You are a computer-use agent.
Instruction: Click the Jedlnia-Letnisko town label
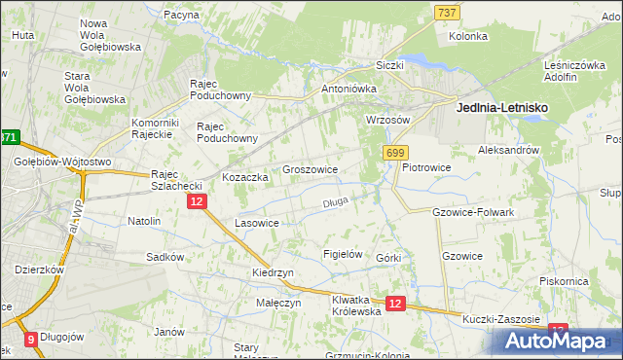(501, 109)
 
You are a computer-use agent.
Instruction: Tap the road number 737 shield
(447, 12)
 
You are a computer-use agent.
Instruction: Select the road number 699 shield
(395, 154)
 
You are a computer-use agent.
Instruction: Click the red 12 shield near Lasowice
(197, 200)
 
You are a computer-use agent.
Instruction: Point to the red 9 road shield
(30, 340)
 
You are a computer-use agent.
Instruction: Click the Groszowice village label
(310, 169)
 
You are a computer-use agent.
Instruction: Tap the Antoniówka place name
(348, 89)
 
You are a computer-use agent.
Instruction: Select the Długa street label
(335, 203)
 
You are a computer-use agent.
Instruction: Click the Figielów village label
(343, 254)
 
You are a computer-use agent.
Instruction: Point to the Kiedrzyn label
(273, 273)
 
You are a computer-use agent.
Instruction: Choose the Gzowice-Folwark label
(472, 211)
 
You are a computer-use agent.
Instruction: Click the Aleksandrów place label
(508, 151)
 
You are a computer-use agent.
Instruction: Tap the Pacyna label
(182, 16)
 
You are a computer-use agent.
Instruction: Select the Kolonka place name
(467, 36)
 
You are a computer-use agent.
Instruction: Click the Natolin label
(144, 221)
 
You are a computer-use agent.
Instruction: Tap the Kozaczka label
(244, 178)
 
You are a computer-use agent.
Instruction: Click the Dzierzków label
(39, 270)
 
